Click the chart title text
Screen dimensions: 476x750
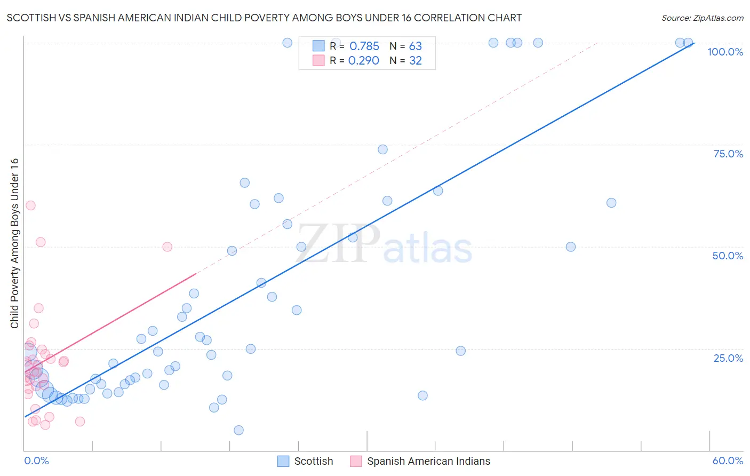264,18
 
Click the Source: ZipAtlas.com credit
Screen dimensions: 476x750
702,18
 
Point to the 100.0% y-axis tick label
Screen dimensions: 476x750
725,52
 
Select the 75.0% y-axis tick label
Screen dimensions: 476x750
728,154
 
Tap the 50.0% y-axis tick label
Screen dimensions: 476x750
728,256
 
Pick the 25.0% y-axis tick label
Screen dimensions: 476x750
728,358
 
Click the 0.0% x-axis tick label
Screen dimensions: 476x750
36,461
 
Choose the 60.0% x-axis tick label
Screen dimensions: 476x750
728,461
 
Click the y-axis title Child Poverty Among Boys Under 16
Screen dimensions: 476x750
14,243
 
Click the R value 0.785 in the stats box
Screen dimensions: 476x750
364,46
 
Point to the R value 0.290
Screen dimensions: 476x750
364,61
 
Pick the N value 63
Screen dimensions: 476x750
416,46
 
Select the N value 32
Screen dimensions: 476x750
416,61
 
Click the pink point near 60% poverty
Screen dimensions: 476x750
30,205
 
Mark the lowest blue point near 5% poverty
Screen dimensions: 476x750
238,430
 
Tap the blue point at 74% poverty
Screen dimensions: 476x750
382,149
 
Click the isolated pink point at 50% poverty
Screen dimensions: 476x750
167,247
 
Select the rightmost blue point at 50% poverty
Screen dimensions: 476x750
571,247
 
